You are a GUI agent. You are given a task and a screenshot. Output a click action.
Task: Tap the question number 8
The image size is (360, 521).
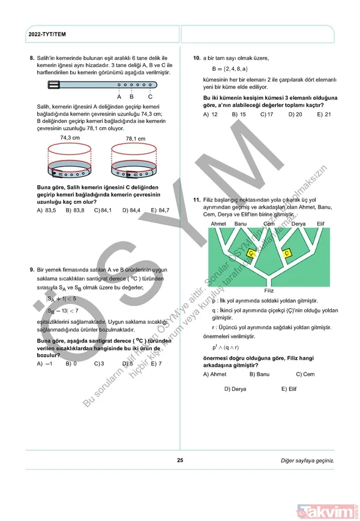point(31,58)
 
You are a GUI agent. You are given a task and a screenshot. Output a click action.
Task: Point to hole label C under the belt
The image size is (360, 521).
point(149,97)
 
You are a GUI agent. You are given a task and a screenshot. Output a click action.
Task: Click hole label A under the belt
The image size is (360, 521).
point(119,97)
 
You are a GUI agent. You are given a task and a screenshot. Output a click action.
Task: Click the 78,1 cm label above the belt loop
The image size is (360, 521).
point(135,139)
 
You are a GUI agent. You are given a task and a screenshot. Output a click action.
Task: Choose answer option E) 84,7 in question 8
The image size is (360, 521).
point(160,210)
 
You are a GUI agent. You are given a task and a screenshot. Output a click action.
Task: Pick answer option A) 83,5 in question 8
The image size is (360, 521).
point(46,210)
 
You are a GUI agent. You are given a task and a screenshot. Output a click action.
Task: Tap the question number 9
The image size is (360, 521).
point(31,270)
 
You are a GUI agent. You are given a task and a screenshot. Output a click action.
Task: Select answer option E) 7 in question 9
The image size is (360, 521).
point(155,363)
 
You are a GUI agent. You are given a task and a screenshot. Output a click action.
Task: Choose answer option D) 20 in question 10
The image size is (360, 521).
point(295,114)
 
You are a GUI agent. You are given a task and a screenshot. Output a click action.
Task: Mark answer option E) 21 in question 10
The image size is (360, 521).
point(323,114)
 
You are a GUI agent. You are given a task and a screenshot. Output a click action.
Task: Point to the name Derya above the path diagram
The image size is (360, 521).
point(298,224)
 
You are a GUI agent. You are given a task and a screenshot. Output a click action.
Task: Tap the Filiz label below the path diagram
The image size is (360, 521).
point(268,290)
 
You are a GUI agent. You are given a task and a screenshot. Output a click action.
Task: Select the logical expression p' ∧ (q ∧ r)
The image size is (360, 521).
point(226,347)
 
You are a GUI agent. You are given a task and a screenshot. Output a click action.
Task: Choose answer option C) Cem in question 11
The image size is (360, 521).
point(305,374)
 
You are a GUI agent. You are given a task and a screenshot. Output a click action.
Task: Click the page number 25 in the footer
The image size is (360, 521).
point(180,460)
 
